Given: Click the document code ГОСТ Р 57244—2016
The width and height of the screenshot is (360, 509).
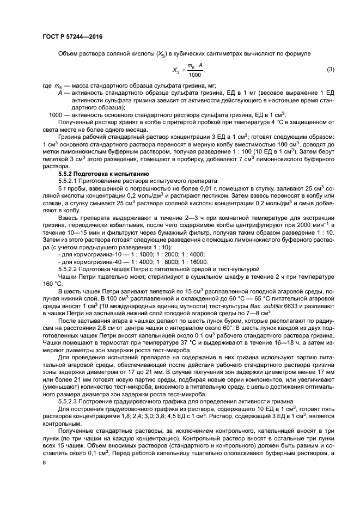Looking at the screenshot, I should (x=72, y=36).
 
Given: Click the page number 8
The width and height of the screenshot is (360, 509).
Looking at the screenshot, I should (x=44, y=462).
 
